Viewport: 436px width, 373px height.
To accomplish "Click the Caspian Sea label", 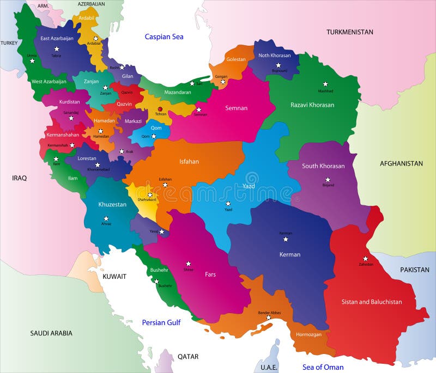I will [x=163, y=36].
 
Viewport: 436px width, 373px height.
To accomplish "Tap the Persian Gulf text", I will [x=161, y=322].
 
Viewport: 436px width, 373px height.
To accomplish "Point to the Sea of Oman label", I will [x=323, y=367].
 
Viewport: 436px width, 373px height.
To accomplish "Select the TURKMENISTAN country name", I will [x=350, y=32].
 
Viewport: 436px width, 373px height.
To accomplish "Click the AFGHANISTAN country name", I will [x=401, y=163].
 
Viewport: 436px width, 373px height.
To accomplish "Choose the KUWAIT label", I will [x=114, y=277].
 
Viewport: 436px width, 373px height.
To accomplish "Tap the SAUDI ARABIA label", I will [x=51, y=333].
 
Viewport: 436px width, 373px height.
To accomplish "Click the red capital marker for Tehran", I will [x=160, y=109].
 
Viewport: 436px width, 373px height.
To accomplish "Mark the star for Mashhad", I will [x=325, y=84].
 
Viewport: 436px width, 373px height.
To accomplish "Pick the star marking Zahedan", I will [x=366, y=259].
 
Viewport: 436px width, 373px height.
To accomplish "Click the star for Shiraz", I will [x=189, y=264].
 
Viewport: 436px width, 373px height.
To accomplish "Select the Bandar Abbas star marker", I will [x=268, y=317].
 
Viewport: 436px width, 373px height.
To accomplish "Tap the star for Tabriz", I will [x=57, y=49].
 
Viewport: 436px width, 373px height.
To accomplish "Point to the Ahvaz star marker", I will [x=106, y=218].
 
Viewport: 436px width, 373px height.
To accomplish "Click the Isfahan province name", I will [x=189, y=161].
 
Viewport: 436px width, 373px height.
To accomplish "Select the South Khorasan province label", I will [x=323, y=166].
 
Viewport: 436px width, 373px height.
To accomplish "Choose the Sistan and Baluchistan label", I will [x=372, y=302].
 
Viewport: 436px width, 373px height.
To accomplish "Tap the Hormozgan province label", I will [x=308, y=334].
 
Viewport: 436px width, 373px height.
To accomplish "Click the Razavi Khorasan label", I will [x=312, y=105].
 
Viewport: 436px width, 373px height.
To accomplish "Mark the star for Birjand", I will [x=328, y=179].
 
